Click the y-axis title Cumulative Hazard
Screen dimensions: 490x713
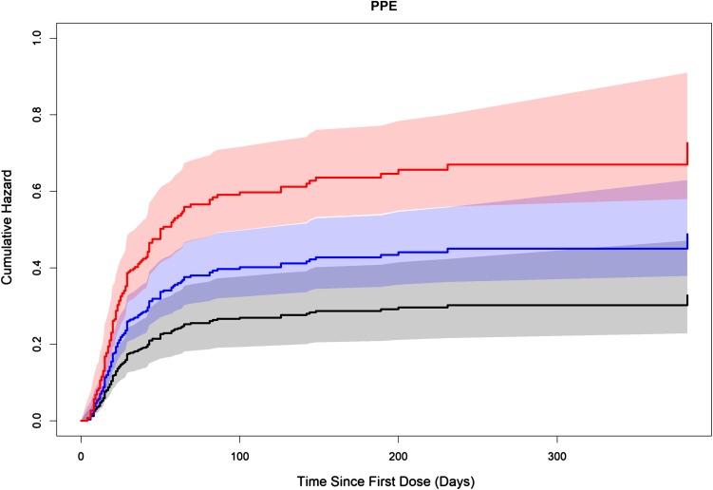pos(9,229)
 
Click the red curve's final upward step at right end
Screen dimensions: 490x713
pos(687,153)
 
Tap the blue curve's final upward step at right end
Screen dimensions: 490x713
pos(687,241)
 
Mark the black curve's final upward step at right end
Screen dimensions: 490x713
pos(687,300)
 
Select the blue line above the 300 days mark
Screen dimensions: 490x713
pos(557,249)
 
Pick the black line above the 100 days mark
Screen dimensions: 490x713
pos(240,317)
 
